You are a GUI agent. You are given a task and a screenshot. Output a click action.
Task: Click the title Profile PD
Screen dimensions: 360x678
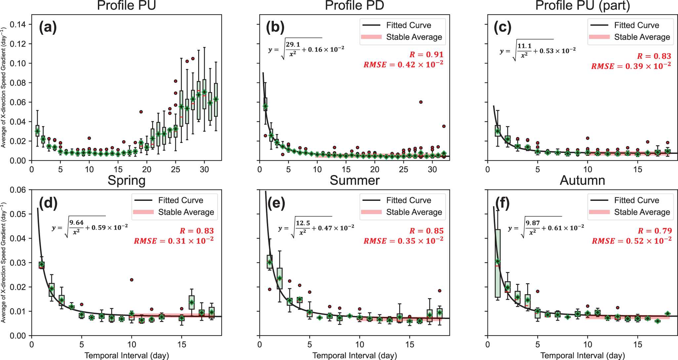tap(354, 6)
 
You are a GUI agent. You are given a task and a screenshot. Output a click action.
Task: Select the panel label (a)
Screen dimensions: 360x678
tap(48, 27)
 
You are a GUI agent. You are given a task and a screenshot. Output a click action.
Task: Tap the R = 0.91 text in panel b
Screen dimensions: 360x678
tap(426, 55)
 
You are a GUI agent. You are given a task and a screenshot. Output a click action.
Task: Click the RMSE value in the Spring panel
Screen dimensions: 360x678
tap(173, 241)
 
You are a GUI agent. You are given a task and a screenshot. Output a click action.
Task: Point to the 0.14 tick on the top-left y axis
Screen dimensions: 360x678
tap(18, 24)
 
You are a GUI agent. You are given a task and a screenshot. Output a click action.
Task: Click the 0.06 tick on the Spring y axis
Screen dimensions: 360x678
tap(18, 190)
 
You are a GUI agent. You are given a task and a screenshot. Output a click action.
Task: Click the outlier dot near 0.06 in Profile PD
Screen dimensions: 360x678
tap(421, 102)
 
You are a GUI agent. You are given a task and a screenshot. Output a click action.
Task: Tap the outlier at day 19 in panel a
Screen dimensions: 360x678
tap(141, 112)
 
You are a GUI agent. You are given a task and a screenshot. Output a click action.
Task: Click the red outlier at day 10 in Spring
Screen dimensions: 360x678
tap(132, 280)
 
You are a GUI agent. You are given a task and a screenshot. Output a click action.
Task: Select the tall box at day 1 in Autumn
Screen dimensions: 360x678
tap(497, 263)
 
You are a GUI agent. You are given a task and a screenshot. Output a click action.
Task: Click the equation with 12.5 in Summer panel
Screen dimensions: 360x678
tap(316, 228)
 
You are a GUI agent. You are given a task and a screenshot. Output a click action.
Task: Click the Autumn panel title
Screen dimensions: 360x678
tap(582, 181)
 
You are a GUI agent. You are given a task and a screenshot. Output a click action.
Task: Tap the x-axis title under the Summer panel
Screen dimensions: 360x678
tap(354, 355)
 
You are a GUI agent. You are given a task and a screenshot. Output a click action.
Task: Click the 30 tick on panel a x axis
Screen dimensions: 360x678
tap(204, 169)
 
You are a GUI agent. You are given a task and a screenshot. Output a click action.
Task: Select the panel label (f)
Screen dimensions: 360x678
tap(503, 202)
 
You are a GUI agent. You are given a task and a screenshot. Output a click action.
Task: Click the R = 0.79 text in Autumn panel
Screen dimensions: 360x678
tap(655, 231)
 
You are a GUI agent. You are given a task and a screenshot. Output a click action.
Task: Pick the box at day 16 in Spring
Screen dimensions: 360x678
tap(191, 302)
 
